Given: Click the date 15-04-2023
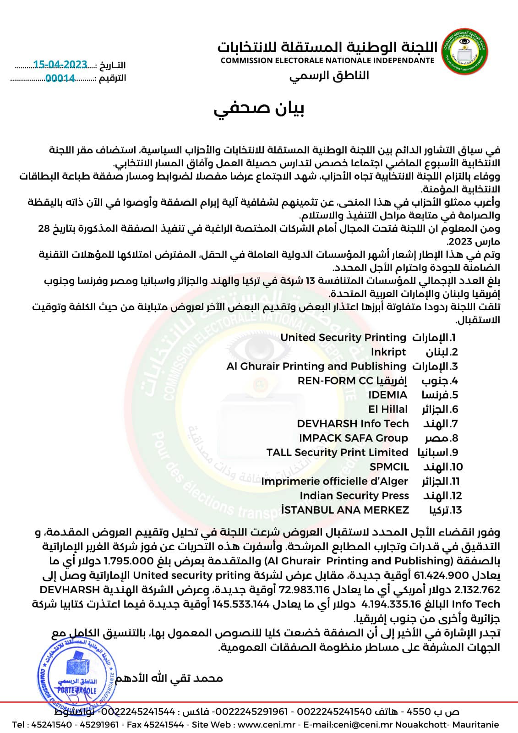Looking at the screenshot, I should pyautogui.click(x=60, y=65).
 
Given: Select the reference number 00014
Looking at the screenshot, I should pyautogui.click(x=60, y=78).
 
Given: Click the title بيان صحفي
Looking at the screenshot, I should pyautogui.click(x=259, y=108).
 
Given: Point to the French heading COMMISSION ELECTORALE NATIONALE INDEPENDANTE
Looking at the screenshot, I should pyautogui.click(x=327, y=60).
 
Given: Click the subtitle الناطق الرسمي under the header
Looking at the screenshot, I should pyautogui.click(x=329, y=76).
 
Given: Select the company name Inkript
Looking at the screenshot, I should pyautogui.click(x=388, y=352).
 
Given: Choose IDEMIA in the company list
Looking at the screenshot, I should pyautogui.click(x=387, y=395).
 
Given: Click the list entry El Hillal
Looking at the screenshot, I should pyautogui.click(x=387, y=409).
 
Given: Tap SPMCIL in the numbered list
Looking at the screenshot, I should pyautogui.click(x=389, y=467).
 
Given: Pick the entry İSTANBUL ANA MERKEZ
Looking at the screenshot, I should pyautogui.click(x=345, y=510).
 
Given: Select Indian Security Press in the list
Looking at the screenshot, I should pyautogui.click(x=354, y=496).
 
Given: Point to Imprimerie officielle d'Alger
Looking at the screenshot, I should pyautogui.click(x=334, y=481).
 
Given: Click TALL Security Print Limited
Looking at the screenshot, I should pyautogui.click(x=337, y=452).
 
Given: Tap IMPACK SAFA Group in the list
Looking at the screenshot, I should pyautogui.click(x=353, y=438).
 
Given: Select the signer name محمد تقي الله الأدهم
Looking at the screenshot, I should pyautogui.click(x=169, y=678).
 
